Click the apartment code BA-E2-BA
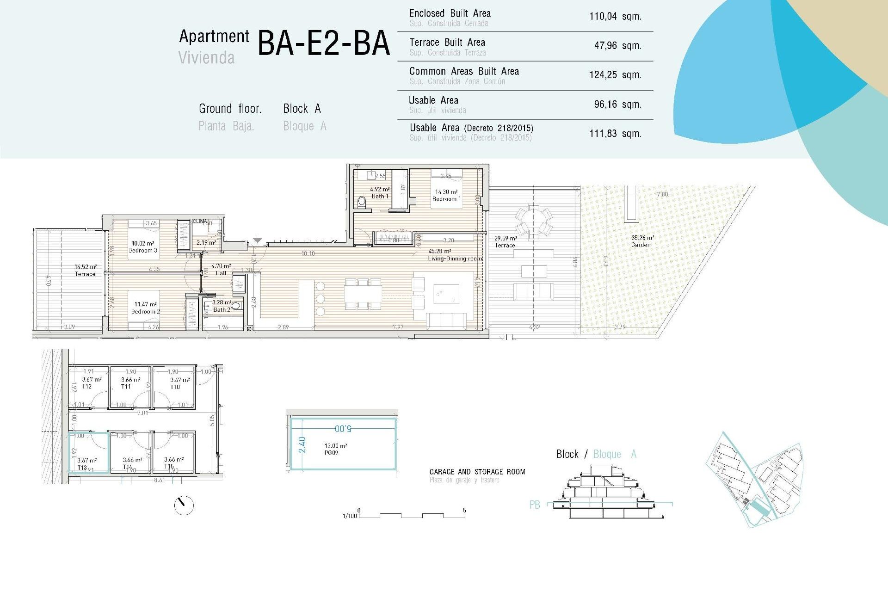pyautogui.click(x=323, y=43)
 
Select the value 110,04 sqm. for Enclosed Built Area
pyautogui.click(x=615, y=17)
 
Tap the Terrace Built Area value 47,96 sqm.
pyautogui.click(x=617, y=46)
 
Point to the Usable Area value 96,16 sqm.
pyautogui.click(x=617, y=105)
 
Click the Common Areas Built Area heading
pyautogui.click(x=464, y=71)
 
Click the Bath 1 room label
pyautogui.click(x=380, y=196)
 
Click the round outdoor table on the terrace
pyautogui.click(x=534, y=218)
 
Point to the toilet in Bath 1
pyautogui.click(x=362, y=202)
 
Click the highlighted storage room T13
pyautogui.click(x=89, y=453)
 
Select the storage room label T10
pyautogui.click(x=175, y=387)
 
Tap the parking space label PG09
pyautogui.click(x=331, y=453)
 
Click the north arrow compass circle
pyautogui.click(x=184, y=506)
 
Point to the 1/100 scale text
pyautogui.click(x=350, y=516)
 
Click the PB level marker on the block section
pyautogui.click(x=534, y=505)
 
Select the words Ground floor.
pyautogui.click(x=230, y=109)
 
